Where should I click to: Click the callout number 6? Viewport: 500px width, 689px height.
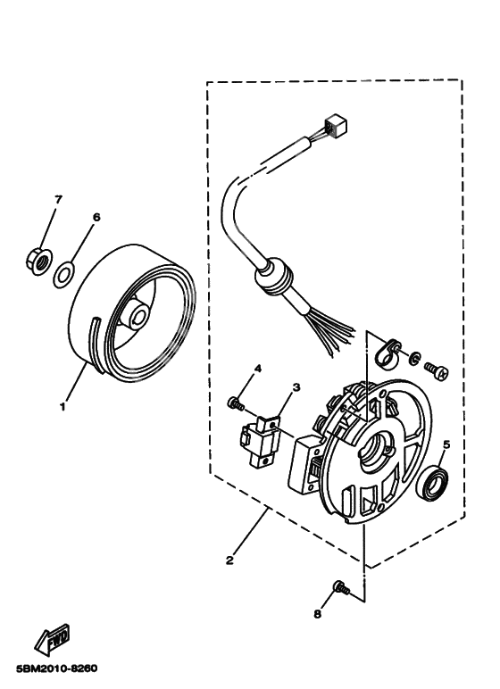pyautogui.click(x=96, y=217)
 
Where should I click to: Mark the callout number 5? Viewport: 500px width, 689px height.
pyautogui.click(x=446, y=442)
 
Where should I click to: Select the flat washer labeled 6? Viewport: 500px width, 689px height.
pyautogui.click(x=65, y=272)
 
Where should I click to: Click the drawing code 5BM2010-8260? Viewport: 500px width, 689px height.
pyautogui.click(x=55, y=668)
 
